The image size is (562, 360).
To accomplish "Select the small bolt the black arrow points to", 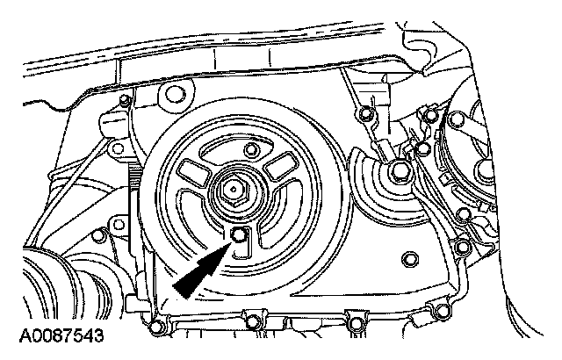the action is (x=240, y=234).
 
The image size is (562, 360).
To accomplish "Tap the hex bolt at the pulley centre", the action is (x=234, y=189).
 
